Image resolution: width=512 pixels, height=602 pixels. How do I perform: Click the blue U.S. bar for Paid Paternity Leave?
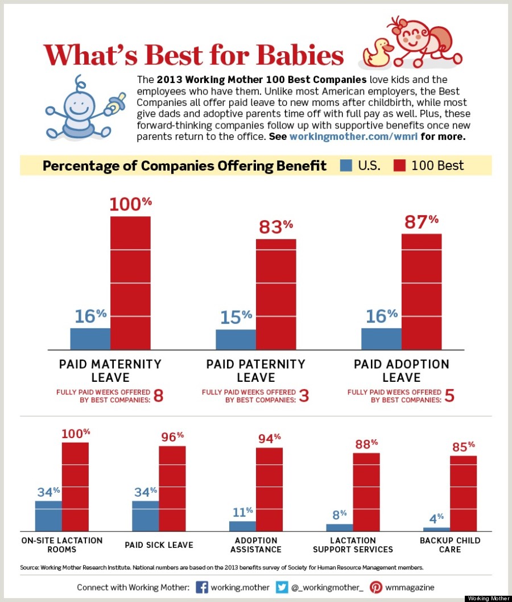pyautogui.click(x=236, y=339)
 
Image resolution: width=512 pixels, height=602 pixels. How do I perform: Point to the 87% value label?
pyautogui.click(x=422, y=221)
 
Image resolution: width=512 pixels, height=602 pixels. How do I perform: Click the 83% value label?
pyautogui.click(x=276, y=226)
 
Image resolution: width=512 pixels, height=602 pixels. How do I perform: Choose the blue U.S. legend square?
pyautogui.click(x=345, y=166)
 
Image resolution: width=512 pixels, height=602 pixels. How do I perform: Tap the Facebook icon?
pyautogui.click(x=201, y=587)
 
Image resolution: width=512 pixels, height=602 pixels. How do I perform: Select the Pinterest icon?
pyautogui.click(x=376, y=587)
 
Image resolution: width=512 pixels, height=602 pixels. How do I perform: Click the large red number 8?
pyautogui.click(x=158, y=396)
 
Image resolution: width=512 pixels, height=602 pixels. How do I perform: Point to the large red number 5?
pyautogui.click(x=449, y=396)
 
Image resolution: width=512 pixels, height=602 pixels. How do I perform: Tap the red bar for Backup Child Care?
pyautogui.click(x=463, y=493)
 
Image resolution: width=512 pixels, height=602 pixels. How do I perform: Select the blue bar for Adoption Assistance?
pyautogui.click(x=242, y=526)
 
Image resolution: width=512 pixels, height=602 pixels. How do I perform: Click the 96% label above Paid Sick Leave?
pyautogui.click(x=172, y=437)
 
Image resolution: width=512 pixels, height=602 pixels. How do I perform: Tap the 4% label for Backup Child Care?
pyautogui.click(x=436, y=519)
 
